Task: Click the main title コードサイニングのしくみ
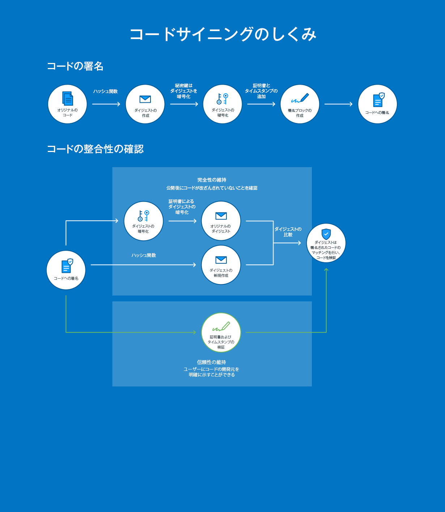[x=223, y=34]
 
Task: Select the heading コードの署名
[x=75, y=66]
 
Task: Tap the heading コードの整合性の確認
[x=95, y=149]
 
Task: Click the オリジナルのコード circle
[x=67, y=104]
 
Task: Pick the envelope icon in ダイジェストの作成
[x=145, y=99]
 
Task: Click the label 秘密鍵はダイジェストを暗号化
[x=184, y=91]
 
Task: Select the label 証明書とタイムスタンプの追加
[x=261, y=91]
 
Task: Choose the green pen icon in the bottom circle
[x=221, y=327]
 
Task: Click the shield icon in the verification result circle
[x=326, y=234]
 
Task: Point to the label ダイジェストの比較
[x=288, y=232]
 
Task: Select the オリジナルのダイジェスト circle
[x=221, y=221]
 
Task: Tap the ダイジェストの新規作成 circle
[x=221, y=265]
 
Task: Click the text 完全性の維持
[x=212, y=180]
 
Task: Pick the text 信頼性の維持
[x=212, y=362]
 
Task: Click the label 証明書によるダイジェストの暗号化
[x=182, y=207]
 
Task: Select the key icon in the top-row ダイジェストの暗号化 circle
[x=223, y=99]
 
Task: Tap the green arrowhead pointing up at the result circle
[x=326, y=270]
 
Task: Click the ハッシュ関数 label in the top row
[x=106, y=92]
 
